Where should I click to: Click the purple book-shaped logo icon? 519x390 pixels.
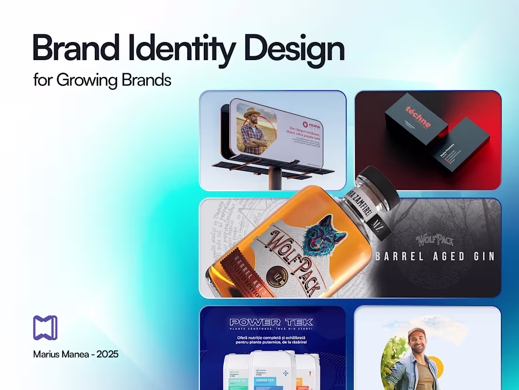pos(45,328)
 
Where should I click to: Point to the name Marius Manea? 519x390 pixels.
pos(61,354)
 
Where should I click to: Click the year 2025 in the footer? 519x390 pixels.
pos(108,354)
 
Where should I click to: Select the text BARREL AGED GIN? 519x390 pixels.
pos(435,257)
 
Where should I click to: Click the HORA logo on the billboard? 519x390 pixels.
pos(311,125)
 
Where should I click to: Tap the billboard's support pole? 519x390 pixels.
pos(275,179)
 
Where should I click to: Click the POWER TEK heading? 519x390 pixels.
pos(272,322)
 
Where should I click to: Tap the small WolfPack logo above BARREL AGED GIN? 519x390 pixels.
pos(435,240)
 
